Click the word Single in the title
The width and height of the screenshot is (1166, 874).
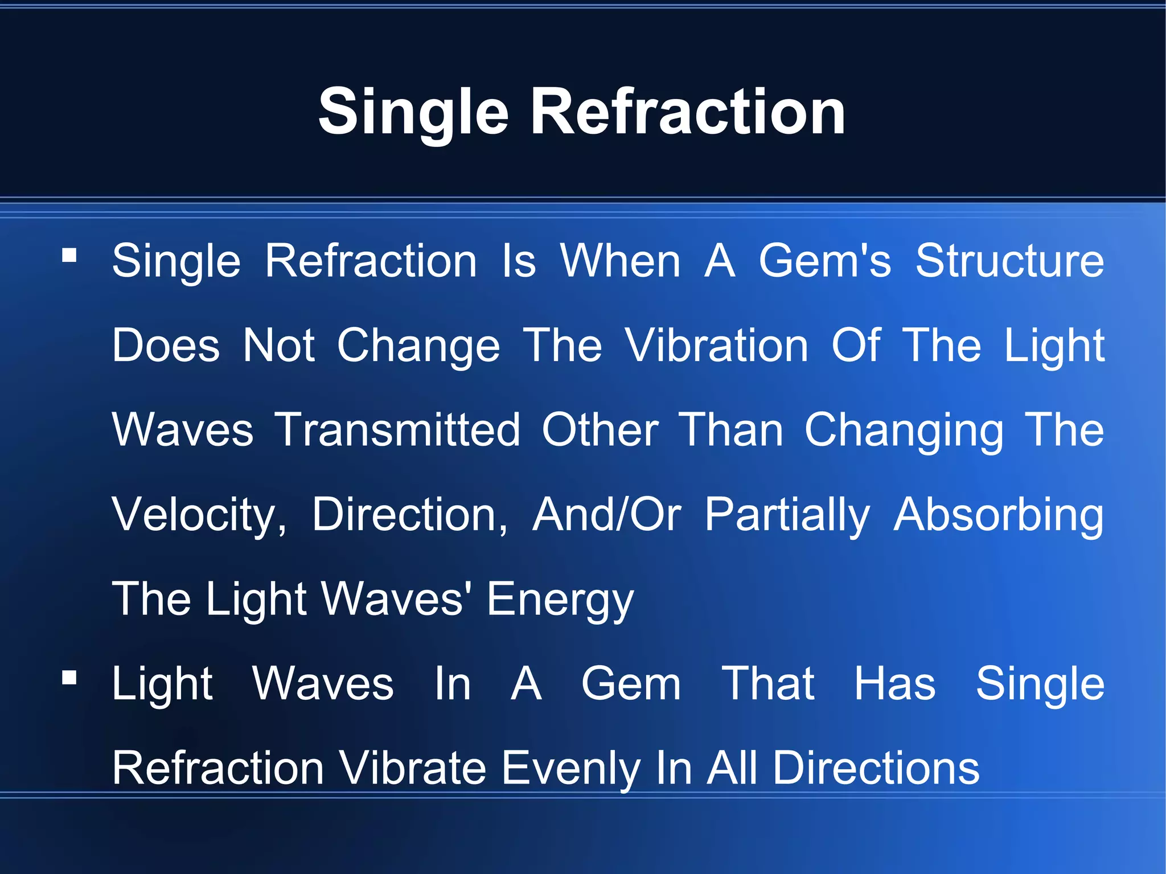413,113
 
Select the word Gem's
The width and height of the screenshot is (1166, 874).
824,261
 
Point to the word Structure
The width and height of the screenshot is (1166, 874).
1009,261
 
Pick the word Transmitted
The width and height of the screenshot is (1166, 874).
397,430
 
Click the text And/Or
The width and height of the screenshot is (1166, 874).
606,514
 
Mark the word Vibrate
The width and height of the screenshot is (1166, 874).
413,768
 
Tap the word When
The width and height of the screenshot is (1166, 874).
620,261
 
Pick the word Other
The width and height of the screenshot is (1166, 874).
600,430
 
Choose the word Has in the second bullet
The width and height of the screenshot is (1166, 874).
894,683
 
